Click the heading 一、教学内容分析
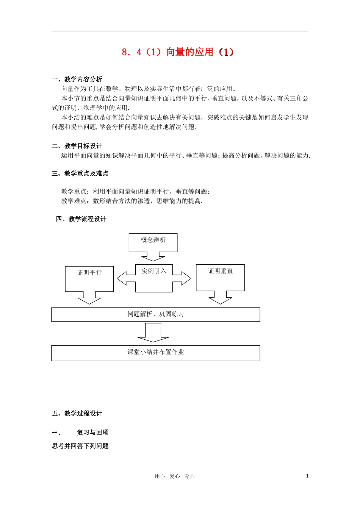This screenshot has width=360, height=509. click(77, 79)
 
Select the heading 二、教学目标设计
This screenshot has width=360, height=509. click(77, 146)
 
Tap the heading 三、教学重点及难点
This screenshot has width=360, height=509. click(80, 173)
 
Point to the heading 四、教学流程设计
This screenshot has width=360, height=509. click(81, 219)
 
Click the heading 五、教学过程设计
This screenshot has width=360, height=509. click(77, 413)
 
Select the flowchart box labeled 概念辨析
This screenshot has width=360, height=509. click(153, 242)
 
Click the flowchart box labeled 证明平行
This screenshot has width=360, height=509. click(89, 278)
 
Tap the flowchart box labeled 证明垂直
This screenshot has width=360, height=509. click(220, 277)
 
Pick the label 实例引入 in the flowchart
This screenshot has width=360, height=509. click(154, 271)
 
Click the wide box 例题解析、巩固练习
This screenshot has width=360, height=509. click(155, 314)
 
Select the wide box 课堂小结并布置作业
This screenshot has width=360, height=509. click(155, 353)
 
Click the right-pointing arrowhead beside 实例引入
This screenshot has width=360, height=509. click(186, 278)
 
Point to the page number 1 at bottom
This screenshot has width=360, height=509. click(307, 476)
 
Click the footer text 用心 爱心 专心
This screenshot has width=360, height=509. click(174, 476)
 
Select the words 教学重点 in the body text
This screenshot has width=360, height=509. click(74, 192)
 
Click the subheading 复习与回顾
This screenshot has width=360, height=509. click(93, 432)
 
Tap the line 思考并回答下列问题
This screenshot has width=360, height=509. click(80, 446)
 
